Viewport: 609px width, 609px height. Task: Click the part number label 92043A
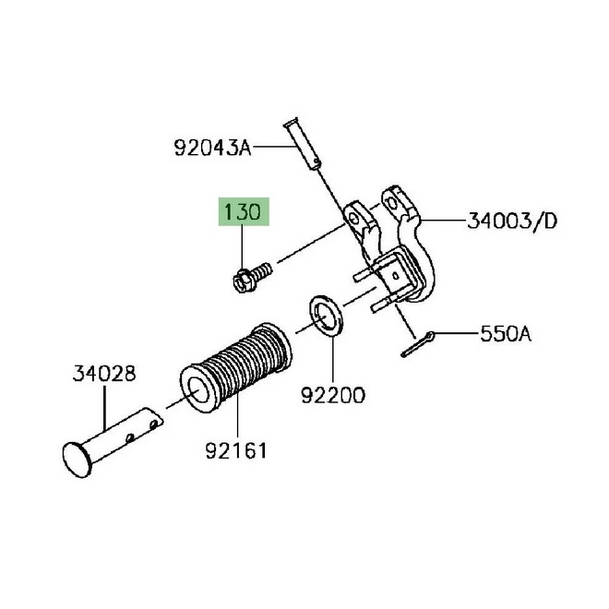[212, 148]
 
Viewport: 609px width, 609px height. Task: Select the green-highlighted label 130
[244, 211]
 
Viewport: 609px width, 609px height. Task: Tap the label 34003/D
[512, 221]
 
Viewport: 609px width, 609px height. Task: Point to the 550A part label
[506, 334]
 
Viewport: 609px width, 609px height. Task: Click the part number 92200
[333, 395]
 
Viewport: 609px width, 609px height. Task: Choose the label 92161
[236, 451]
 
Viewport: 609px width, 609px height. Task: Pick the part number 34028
[104, 374]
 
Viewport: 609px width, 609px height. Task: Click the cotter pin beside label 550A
[417, 344]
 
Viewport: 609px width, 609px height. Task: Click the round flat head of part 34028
[77, 460]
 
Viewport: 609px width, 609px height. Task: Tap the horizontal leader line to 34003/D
[444, 221]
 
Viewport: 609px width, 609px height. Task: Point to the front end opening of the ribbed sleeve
[197, 388]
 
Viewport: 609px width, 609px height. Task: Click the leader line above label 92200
[333, 360]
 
